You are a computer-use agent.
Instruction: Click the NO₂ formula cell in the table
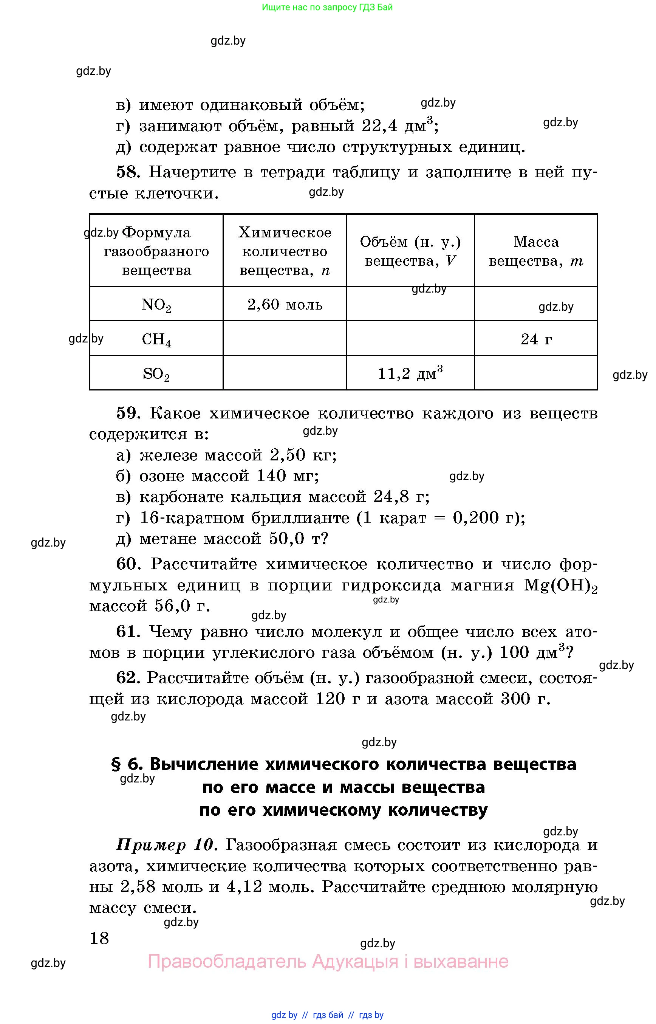[156, 304]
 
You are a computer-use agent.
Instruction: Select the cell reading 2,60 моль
[285, 304]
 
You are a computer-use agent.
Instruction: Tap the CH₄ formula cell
[156, 339]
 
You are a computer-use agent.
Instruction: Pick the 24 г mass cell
[536, 339]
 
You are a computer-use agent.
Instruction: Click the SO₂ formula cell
[156, 374]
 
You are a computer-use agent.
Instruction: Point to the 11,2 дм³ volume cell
[410, 373]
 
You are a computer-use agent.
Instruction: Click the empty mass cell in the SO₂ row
[536, 373]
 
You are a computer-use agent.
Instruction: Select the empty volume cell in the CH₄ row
[410, 339]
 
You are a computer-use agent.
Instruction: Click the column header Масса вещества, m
[536, 251]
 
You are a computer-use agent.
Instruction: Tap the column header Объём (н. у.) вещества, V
[410, 251]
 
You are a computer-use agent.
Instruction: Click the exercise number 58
[128, 172]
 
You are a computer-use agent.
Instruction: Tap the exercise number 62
[128, 677]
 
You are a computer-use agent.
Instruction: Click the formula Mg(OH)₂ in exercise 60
[560, 586]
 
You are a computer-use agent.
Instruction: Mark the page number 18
[99, 938]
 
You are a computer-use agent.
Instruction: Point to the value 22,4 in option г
[379, 126]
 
